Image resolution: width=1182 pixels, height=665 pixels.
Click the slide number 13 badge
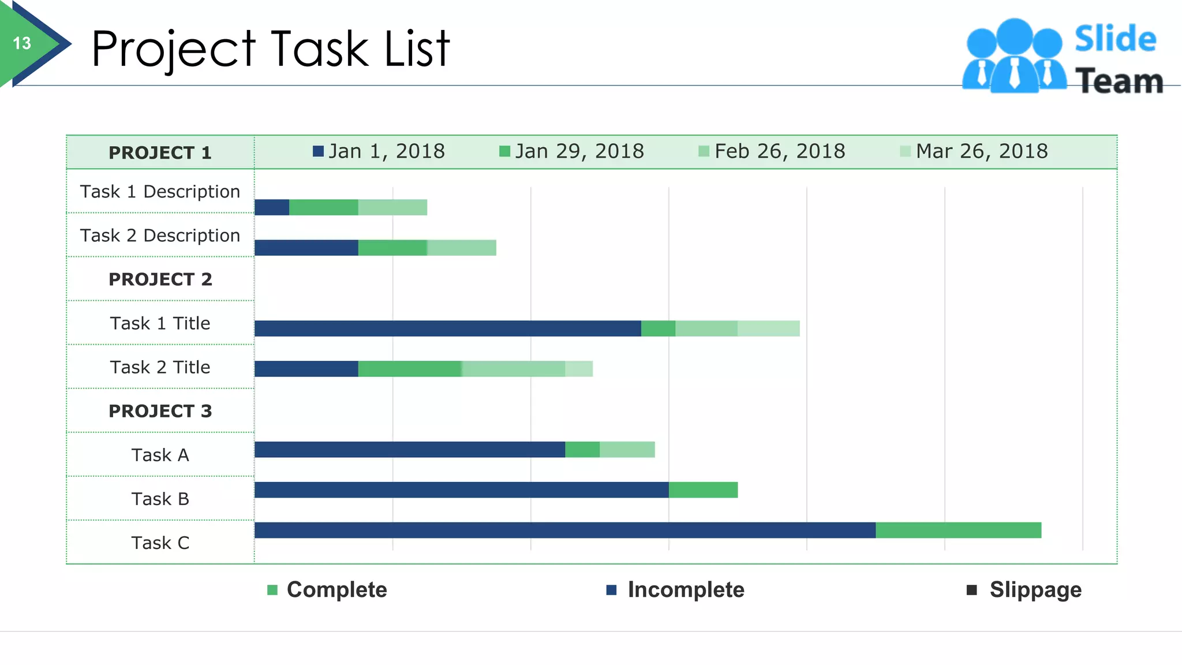[x=23, y=43]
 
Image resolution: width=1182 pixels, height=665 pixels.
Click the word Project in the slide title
[x=173, y=50]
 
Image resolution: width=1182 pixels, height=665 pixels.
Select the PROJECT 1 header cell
[x=160, y=153]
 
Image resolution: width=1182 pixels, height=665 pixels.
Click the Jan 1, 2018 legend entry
[x=379, y=151]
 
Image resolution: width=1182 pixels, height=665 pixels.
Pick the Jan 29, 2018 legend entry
[x=572, y=151]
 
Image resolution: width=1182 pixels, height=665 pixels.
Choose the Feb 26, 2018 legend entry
[x=772, y=151]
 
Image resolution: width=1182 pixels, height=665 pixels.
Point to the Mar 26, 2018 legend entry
[x=974, y=151]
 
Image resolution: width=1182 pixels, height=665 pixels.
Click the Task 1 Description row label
[x=160, y=192]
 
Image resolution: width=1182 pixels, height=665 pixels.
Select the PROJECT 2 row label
[x=160, y=279]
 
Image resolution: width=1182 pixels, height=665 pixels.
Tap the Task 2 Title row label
[x=160, y=367]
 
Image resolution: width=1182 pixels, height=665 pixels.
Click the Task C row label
[x=160, y=543]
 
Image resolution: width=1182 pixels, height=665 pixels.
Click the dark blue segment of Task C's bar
[x=564, y=530]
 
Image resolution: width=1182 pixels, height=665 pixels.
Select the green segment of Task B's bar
[x=703, y=490]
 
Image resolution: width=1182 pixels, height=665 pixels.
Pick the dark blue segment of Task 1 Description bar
[x=272, y=207]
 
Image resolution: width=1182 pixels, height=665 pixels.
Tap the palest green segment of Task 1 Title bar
[x=768, y=328]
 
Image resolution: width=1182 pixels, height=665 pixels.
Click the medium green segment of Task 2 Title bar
[x=410, y=369]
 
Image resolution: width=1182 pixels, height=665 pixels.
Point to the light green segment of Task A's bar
[x=627, y=450]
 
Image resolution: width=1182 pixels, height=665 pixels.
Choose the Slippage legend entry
[x=1024, y=590]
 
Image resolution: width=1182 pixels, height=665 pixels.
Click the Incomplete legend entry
[x=675, y=590]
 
